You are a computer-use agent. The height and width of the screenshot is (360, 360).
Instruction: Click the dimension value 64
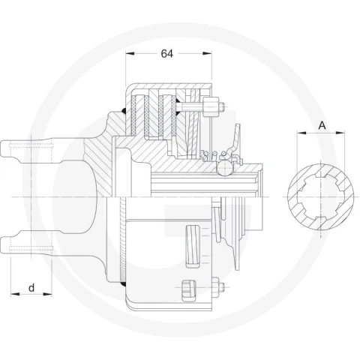pos(166,53)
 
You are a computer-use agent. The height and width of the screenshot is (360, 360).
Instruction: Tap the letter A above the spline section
pos(322,125)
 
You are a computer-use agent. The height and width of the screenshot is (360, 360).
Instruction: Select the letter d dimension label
pos(31,288)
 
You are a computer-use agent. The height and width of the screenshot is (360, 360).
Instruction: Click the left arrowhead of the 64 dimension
pos(130,53)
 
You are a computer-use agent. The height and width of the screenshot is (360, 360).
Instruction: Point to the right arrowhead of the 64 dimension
pos(207,53)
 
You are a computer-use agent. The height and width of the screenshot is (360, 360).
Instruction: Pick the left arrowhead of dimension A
pos(301,133)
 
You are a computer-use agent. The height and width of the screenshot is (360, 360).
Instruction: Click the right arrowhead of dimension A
pos(340,133)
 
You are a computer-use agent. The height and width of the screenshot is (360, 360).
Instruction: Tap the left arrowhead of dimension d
pos(15,294)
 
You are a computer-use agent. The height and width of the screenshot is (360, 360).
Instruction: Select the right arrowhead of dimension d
pos(47,294)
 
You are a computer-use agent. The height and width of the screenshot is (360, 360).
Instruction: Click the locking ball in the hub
pos(224,168)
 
